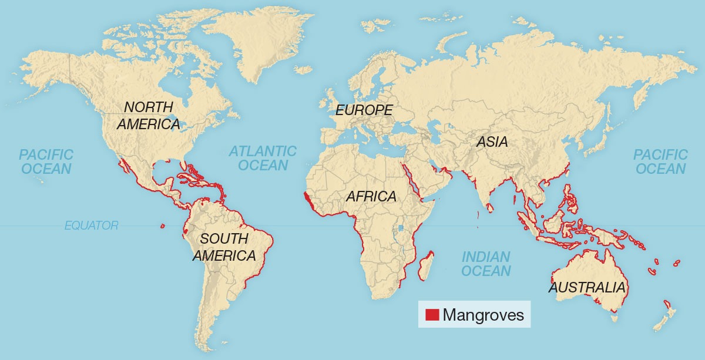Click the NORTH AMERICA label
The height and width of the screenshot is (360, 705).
pyautogui.click(x=149, y=116)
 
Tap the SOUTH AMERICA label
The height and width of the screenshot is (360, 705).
pyautogui.click(x=224, y=247)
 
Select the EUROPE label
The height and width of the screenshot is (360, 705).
pyautogui.click(x=364, y=110)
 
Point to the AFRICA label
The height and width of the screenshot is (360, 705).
pyautogui.click(x=371, y=196)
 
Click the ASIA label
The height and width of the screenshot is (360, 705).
pyautogui.click(x=492, y=142)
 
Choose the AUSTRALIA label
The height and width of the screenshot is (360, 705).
pyautogui.click(x=586, y=288)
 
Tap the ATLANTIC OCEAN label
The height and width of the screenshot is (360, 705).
pyautogui.click(x=263, y=158)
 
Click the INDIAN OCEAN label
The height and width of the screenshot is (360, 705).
pyautogui.click(x=485, y=264)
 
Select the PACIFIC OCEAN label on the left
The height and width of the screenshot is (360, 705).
pyautogui.click(x=46, y=162)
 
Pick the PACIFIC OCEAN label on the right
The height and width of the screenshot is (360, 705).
pyautogui.click(x=660, y=162)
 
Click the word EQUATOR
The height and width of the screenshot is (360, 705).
pyautogui.click(x=92, y=225)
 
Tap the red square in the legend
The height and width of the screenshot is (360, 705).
pyautogui.click(x=432, y=315)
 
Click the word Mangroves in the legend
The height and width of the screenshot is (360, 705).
pyautogui.click(x=483, y=315)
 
